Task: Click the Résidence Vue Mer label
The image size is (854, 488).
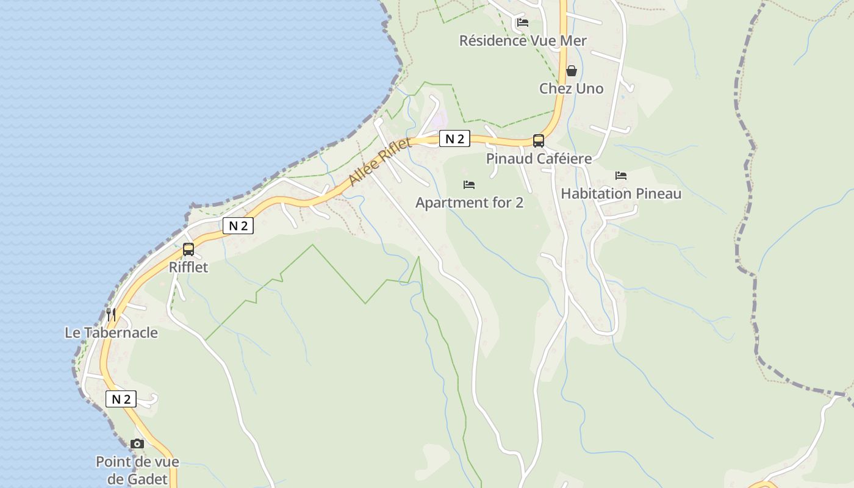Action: [x=523, y=41]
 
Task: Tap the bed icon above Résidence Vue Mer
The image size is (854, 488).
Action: [x=523, y=23]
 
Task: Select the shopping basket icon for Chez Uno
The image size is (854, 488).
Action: [x=572, y=71]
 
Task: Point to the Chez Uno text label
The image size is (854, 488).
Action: [x=571, y=88]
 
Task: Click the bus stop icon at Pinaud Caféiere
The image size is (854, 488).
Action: [x=539, y=141]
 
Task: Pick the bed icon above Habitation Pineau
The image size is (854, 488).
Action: [x=621, y=176]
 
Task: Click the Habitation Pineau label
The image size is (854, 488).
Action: [x=621, y=194]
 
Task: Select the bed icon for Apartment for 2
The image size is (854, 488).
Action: [x=469, y=184]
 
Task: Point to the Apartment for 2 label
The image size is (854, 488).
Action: [x=469, y=203]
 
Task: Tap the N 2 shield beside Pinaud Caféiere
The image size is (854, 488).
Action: [x=454, y=138]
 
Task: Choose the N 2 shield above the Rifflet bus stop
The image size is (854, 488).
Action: [x=238, y=226]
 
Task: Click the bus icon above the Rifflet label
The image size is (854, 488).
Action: [x=188, y=249]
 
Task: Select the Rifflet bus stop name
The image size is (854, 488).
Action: [x=188, y=267]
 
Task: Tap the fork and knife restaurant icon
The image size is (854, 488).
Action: [x=111, y=314]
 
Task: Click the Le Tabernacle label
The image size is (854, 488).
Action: [x=111, y=332]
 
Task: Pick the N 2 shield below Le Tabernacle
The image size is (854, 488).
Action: [x=121, y=399]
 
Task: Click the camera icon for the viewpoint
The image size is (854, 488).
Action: [x=137, y=443]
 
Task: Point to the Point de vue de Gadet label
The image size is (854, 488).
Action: [x=137, y=470]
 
